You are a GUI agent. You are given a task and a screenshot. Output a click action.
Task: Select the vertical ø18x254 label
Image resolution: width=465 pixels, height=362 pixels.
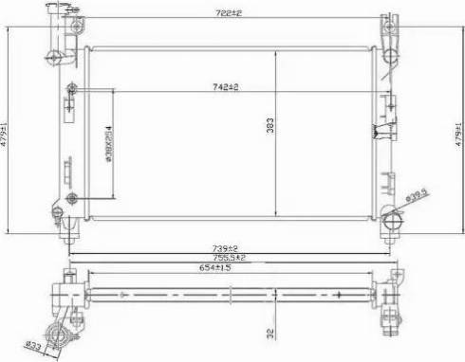110,144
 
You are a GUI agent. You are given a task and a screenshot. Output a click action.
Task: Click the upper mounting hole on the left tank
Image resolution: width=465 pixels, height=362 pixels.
73,91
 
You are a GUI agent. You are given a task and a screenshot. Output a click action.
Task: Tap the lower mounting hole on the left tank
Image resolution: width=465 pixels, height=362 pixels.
73,197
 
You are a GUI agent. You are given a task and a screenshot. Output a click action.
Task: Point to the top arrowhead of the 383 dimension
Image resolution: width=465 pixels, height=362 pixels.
276,51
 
